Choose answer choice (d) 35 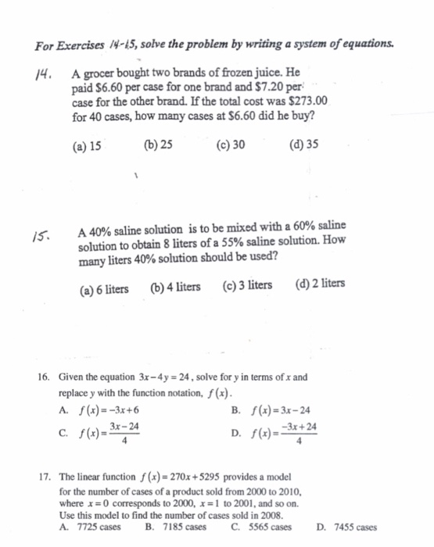click(x=303, y=145)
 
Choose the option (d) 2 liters click(x=321, y=284)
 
